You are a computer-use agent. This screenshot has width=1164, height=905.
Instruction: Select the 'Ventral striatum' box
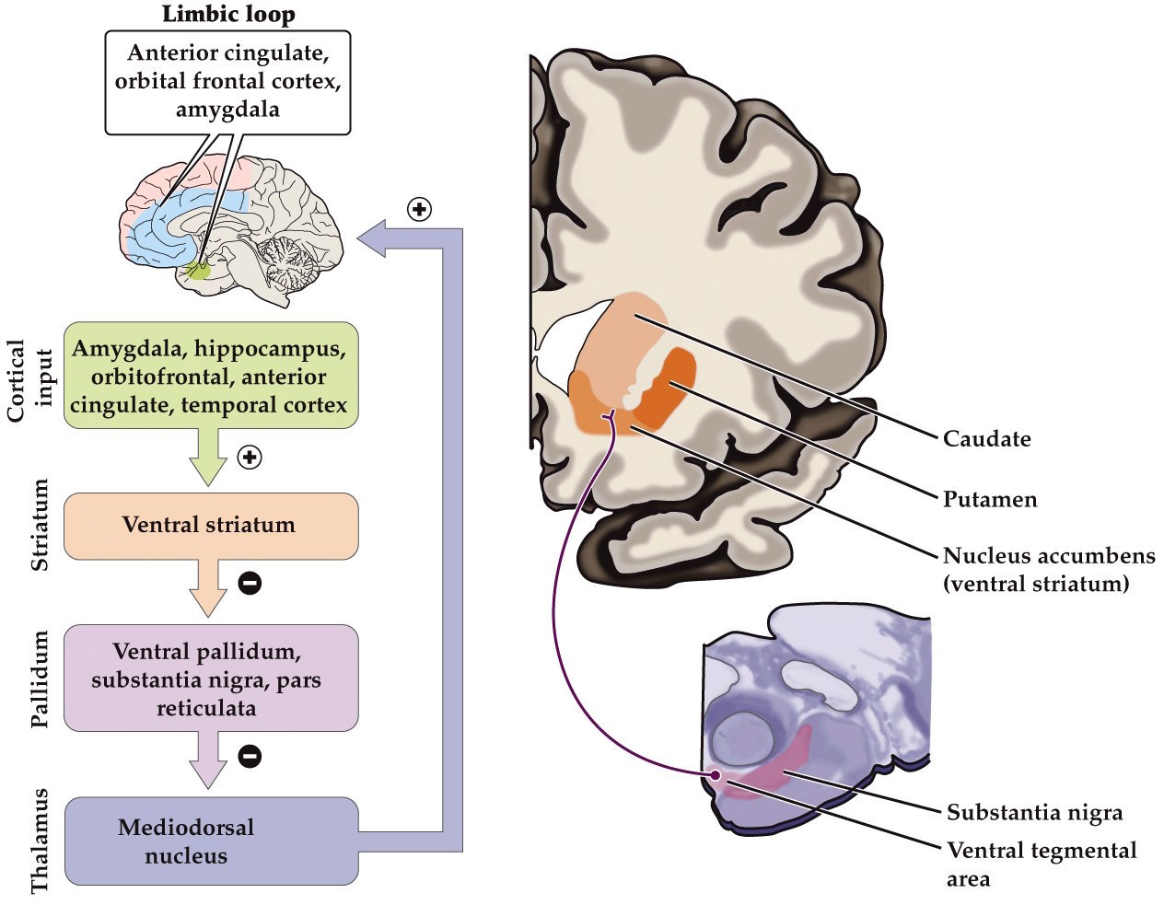210,526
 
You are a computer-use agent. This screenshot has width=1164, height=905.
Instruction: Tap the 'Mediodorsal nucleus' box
210,841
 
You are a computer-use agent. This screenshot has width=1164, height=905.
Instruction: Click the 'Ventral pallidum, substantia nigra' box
210,679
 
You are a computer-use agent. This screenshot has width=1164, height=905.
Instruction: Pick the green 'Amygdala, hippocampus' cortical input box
210,376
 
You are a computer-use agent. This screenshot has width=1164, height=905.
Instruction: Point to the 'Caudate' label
986,439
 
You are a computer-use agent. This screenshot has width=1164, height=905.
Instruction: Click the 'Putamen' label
989,500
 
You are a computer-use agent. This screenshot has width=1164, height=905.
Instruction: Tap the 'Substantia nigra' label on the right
1034,813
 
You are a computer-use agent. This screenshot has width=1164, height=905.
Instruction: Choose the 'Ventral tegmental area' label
1041,864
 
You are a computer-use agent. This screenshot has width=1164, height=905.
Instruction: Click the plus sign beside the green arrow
250,457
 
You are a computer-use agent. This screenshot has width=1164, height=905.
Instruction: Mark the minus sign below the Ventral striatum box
250,582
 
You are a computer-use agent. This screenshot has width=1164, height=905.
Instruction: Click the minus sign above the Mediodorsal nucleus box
250,756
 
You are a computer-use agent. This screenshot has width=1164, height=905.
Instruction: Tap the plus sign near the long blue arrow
419,209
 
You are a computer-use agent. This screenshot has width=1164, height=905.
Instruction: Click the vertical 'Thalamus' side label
40,840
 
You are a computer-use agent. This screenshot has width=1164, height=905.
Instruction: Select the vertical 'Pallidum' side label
40,679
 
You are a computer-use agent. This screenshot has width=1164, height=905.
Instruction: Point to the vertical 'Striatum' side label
40,526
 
